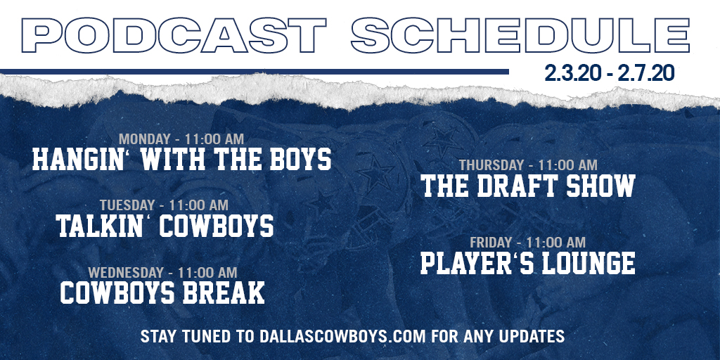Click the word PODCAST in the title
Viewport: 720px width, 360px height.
174,35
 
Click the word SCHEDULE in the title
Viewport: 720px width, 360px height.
521,35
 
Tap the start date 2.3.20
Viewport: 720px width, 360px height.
572,73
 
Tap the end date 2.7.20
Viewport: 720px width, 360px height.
646,73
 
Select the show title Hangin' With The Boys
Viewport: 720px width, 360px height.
182,159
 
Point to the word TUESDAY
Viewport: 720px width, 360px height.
127,205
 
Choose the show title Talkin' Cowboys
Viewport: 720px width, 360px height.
165,226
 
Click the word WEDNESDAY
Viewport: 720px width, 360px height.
126,272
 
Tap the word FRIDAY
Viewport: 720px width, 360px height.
490,242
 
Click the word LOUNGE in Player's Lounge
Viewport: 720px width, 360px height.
589,263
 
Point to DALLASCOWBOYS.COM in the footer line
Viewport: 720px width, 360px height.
343,336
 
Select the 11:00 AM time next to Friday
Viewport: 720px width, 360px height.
555,242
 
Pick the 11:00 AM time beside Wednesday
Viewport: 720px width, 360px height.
207,272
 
